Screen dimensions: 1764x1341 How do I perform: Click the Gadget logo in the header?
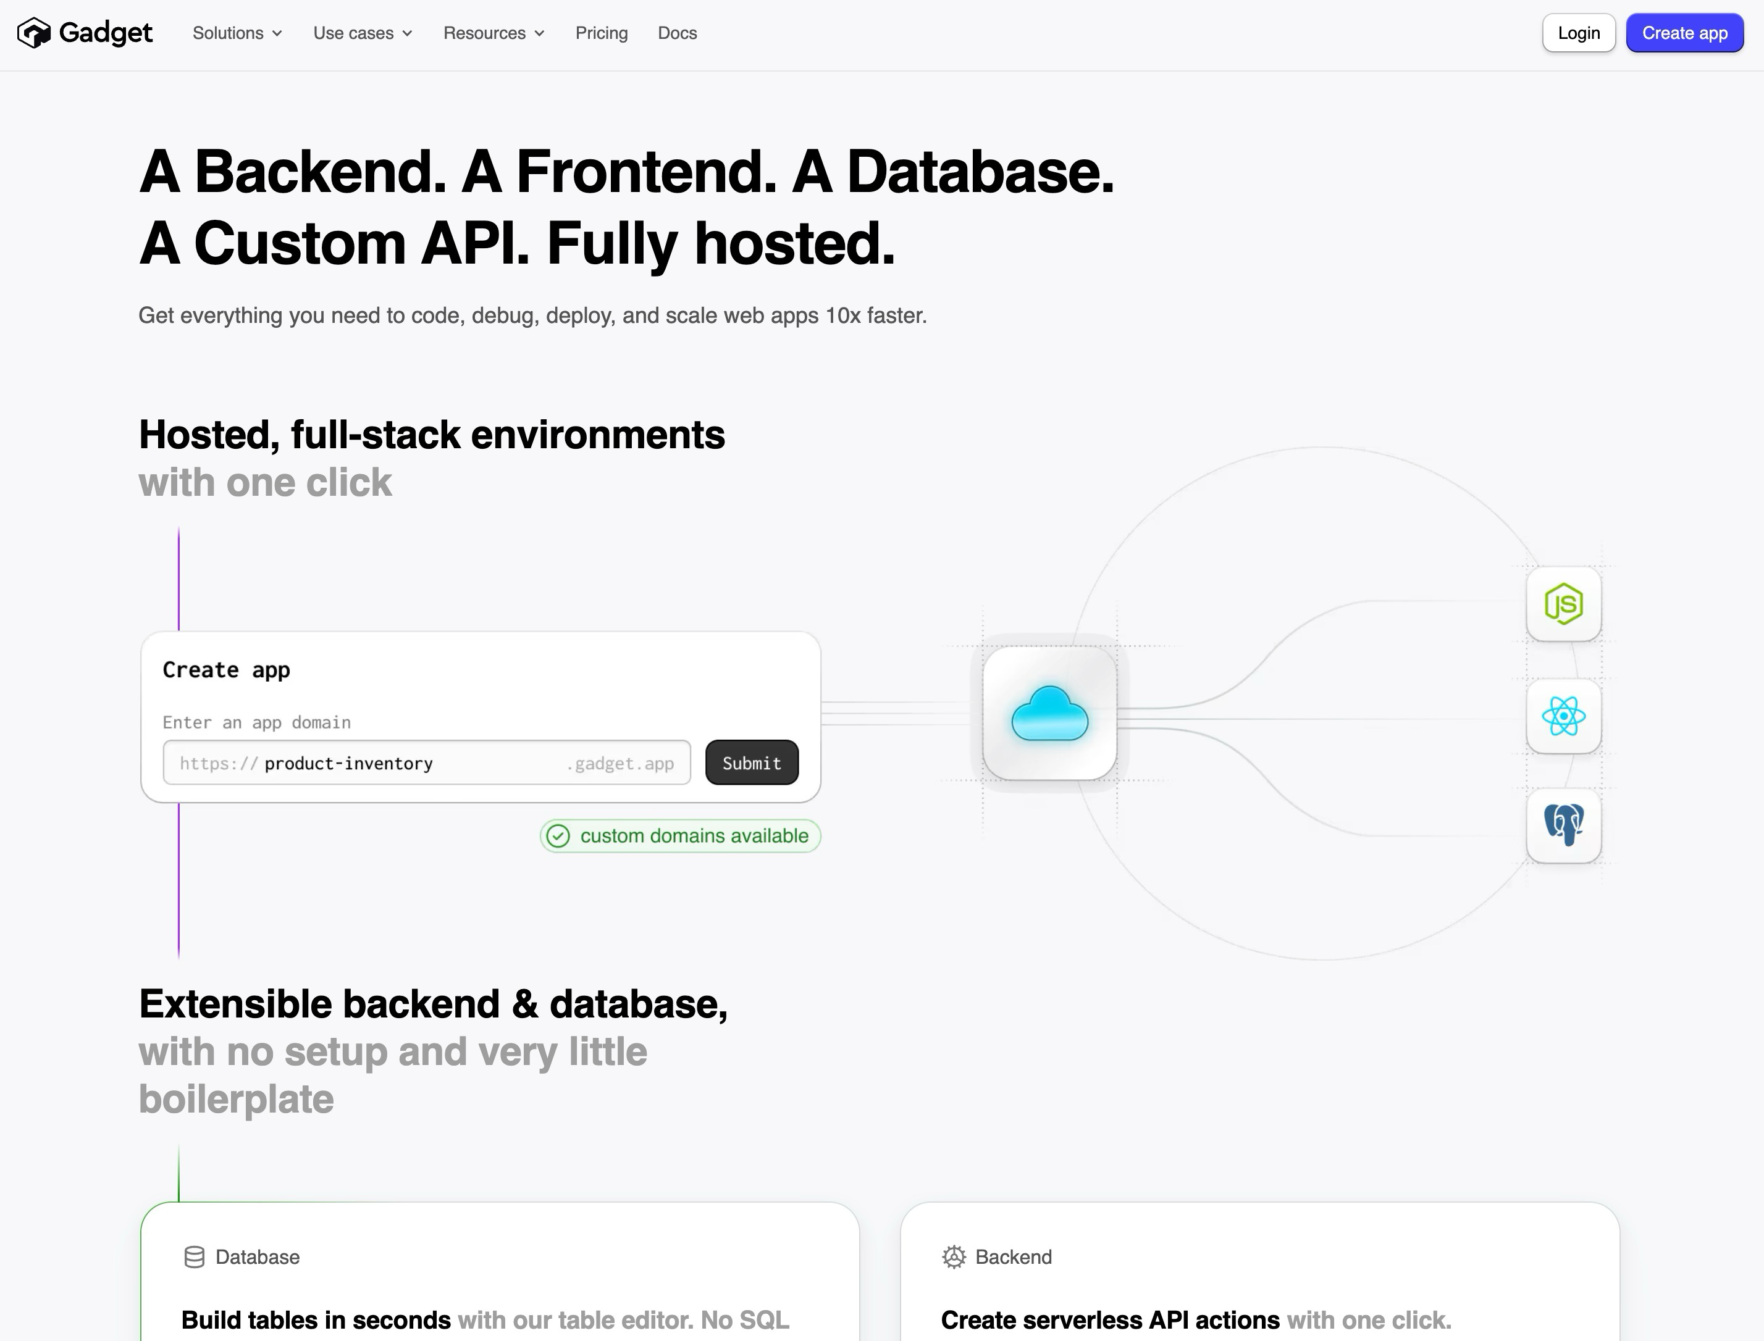coord(85,33)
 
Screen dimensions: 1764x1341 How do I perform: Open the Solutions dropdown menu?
coord(237,33)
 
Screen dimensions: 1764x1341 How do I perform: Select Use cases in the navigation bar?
coord(363,33)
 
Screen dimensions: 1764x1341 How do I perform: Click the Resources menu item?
coord(493,33)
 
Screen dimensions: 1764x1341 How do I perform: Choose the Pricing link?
coord(602,33)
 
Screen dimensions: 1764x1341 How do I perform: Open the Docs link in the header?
coord(677,33)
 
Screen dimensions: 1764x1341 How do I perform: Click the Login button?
coord(1579,33)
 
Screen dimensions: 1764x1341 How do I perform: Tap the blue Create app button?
coord(1685,33)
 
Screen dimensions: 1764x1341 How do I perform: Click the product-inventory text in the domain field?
coord(348,763)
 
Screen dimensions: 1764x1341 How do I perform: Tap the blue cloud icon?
coord(1049,714)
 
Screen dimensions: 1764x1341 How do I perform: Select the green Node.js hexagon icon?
coord(1563,603)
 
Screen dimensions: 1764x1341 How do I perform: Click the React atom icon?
coord(1563,716)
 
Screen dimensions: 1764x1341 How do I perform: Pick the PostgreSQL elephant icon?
coord(1563,825)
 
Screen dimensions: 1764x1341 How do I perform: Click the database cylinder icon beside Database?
coord(194,1257)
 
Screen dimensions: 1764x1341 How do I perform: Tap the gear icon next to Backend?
coord(954,1257)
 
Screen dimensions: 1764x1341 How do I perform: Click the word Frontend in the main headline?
coord(646,172)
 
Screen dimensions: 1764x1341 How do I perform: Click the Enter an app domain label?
coord(256,722)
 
